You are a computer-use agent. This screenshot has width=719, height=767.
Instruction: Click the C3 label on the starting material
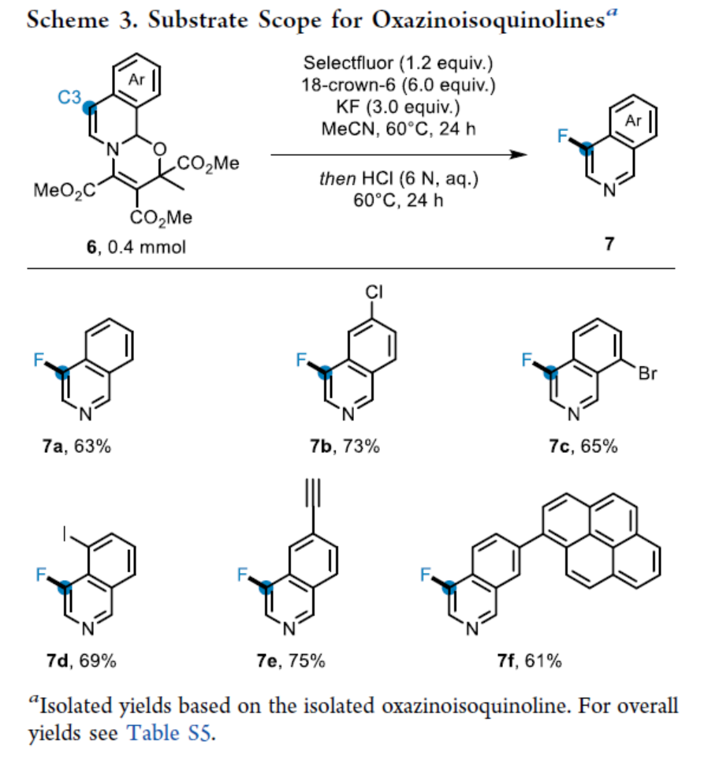pyautogui.click(x=69, y=97)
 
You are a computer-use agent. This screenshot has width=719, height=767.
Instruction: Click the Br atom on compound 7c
pyautogui.click(x=647, y=374)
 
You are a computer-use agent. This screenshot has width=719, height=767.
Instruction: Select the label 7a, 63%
pyautogui.click(x=77, y=447)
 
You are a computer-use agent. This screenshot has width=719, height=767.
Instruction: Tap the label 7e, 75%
pyautogui.click(x=291, y=660)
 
